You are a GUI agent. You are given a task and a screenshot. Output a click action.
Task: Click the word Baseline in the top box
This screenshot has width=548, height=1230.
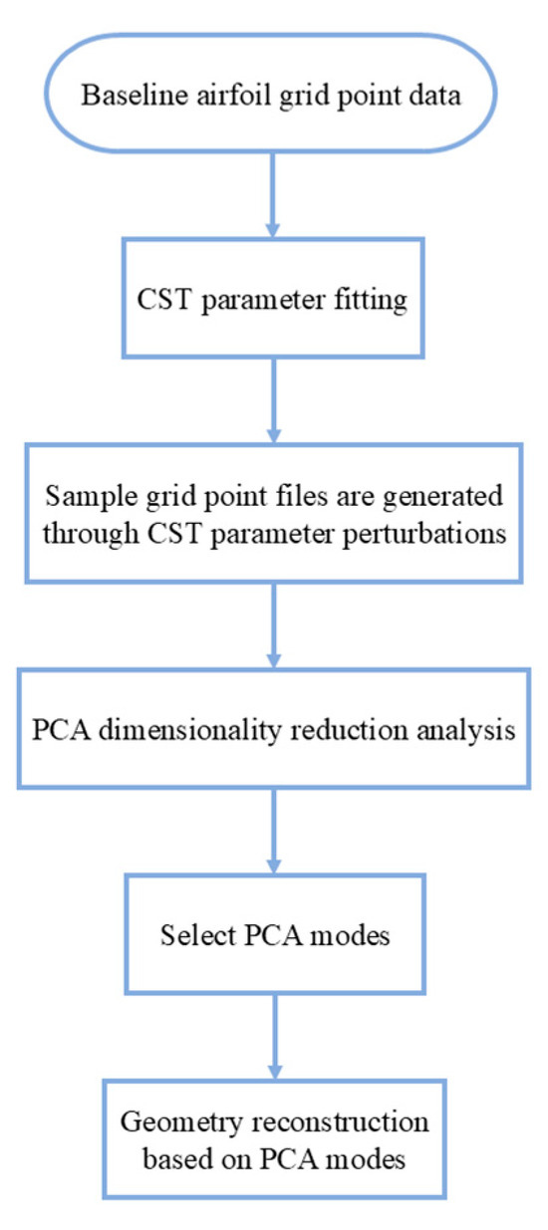pyautogui.click(x=127, y=98)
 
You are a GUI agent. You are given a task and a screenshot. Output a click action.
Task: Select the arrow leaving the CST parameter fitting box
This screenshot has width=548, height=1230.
pyautogui.click(x=273, y=393)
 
